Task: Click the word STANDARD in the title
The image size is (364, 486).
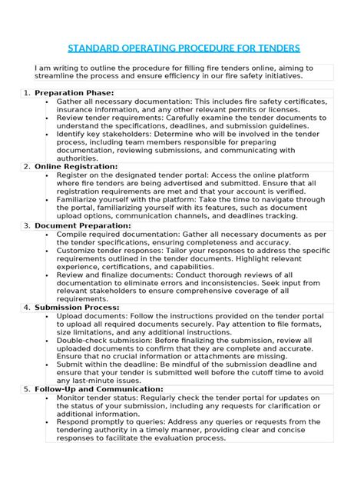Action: (96, 49)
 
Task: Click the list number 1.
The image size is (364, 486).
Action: (26, 93)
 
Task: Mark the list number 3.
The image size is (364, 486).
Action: (26, 225)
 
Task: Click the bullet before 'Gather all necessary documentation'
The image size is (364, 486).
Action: (49, 102)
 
